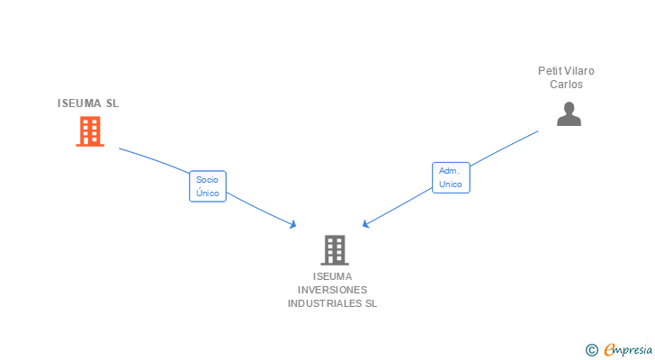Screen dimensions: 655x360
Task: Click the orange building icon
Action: pos(89,132)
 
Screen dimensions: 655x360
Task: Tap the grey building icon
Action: pos(334,249)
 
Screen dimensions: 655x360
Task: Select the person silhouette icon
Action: pos(569,114)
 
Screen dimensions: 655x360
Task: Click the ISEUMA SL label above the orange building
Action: pos(88,103)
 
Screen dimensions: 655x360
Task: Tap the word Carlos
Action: pos(567,85)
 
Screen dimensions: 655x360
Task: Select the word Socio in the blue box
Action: pos(207,179)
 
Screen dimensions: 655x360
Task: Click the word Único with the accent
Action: pos(207,193)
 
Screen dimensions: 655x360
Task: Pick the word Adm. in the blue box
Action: pos(450,169)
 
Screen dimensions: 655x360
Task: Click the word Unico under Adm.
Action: pos(450,184)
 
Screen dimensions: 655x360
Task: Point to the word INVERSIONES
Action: pos(333,290)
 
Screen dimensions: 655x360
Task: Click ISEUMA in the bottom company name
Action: pos(333,276)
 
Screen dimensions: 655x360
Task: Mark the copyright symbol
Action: pos(592,350)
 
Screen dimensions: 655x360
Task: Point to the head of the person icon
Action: pos(569,108)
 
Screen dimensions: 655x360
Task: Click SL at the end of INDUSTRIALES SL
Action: pos(371,303)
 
